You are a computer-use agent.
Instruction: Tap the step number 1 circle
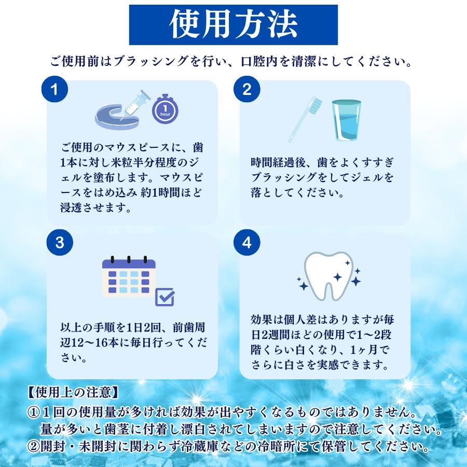[x=55, y=90]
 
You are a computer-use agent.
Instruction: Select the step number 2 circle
[x=247, y=90]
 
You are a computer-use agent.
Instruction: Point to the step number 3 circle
[x=55, y=243]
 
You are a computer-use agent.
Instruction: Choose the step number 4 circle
[x=247, y=243]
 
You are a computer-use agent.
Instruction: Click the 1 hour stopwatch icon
[x=164, y=110]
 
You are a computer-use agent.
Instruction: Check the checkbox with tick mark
[x=165, y=296]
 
